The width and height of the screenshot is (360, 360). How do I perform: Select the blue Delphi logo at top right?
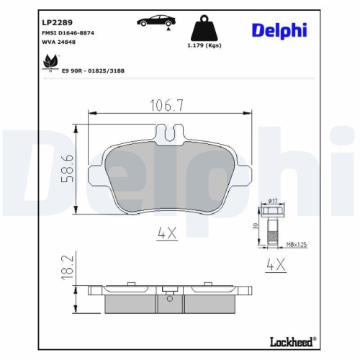point(279,30)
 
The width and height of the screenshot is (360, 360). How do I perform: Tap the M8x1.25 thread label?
point(297,244)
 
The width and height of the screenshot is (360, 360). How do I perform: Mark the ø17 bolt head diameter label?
point(274,199)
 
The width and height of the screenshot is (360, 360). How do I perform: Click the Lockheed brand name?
point(292,338)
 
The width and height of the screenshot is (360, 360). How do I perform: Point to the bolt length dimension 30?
point(255,226)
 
